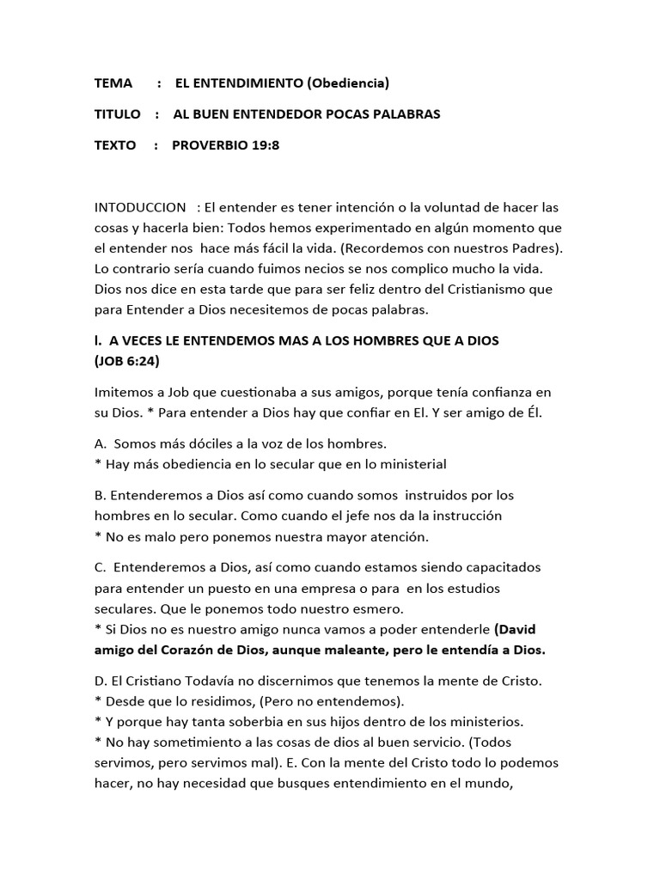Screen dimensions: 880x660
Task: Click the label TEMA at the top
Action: pos(113,83)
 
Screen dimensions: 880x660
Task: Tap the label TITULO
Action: pos(117,114)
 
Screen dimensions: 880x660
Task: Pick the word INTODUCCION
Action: pos(140,207)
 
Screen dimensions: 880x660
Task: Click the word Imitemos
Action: pos(124,392)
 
